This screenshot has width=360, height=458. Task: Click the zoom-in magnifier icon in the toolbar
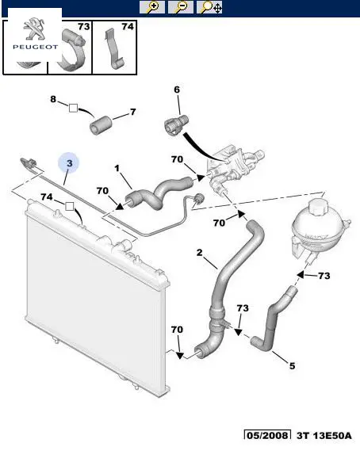click(x=152, y=7)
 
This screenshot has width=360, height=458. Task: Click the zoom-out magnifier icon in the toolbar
click(x=181, y=7)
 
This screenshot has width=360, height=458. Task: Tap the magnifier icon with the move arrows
click(x=209, y=7)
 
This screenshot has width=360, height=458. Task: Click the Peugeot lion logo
click(x=35, y=29)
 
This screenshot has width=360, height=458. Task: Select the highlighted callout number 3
click(x=69, y=163)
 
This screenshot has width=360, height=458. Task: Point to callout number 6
click(x=177, y=90)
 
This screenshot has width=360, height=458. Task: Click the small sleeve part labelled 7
click(x=99, y=126)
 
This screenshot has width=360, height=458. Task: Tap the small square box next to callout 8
click(x=73, y=108)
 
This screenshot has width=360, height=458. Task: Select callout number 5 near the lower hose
click(x=293, y=365)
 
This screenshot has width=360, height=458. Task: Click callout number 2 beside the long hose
click(x=199, y=252)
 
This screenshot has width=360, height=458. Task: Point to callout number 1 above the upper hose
click(x=117, y=168)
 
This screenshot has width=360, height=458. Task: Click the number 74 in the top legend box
click(x=128, y=27)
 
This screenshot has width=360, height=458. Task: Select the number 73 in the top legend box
click(x=83, y=27)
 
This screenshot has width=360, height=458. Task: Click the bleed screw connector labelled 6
click(x=175, y=126)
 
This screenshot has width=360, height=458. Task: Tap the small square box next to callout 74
click(x=69, y=207)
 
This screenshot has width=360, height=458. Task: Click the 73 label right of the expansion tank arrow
click(x=324, y=276)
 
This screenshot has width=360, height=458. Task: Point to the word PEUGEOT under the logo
click(x=35, y=47)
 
